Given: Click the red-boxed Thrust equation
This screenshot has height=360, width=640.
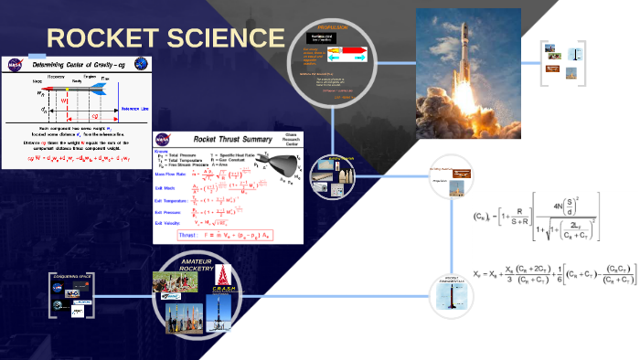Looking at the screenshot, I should click(x=240, y=235).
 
